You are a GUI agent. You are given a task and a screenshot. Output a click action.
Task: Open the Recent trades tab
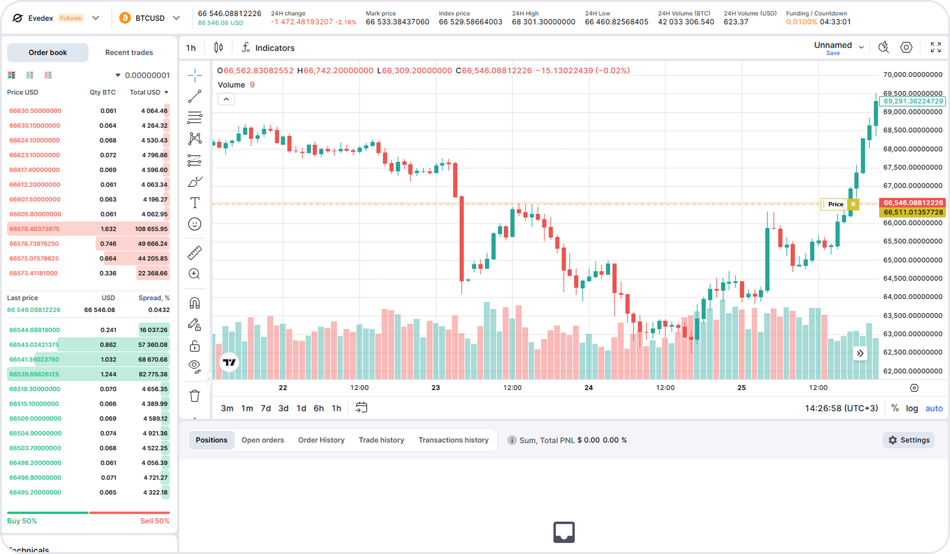click(x=129, y=53)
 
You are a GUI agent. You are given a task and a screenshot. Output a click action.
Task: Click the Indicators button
click(x=268, y=48)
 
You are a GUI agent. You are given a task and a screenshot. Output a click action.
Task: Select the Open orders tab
click(x=262, y=440)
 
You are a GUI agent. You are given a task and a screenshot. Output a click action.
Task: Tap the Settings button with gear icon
click(x=909, y=440)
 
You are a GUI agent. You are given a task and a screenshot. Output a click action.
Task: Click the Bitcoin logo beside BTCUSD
click(x=125, y=18)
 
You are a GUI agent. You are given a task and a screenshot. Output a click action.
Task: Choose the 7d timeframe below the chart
click(x=266, y=408)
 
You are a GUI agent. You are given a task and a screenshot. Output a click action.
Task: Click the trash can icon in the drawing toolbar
click(x=195, y=396)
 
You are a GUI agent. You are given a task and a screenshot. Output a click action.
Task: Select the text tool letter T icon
click(x=195, y=203)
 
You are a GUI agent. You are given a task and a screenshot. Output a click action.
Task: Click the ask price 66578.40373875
click(x=35, y=229)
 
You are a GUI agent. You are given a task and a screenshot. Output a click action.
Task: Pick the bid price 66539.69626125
click(x=35, y=374)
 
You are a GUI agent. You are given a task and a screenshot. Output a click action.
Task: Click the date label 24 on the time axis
click(x=588, y=388)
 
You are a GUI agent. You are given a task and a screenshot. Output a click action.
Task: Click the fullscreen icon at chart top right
click(x=936, y=48)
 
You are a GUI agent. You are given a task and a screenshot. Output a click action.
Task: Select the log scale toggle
click(x=912, y=408)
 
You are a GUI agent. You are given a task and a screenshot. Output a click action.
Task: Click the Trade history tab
click(x=381, y=440)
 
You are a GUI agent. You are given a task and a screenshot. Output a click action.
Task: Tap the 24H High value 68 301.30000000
click(x=543, y=22)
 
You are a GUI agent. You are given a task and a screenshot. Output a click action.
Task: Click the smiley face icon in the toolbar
click(x=195, y=224)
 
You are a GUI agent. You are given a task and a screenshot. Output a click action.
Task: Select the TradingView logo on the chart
click(x=229, y=362)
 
